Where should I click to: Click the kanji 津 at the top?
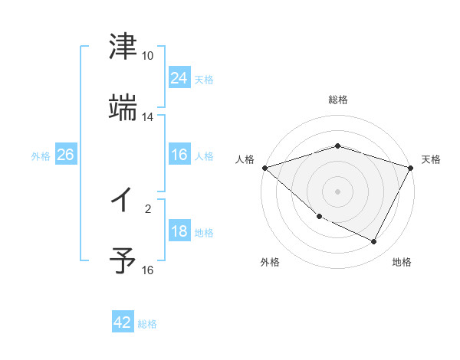point(123,47)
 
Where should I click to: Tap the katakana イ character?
point(123,200)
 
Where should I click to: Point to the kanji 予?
point(123,261)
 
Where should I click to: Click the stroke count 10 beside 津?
point(147,56)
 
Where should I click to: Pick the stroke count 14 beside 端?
point(147,117)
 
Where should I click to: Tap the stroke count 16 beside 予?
point(147,270)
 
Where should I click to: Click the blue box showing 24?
point(179,78)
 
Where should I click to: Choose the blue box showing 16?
point(179,155)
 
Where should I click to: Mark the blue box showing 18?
point(179,231)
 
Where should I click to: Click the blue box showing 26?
point(65,155)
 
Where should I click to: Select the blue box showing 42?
point(123,322)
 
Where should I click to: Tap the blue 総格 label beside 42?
point(147,324)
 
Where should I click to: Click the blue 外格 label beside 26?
point(41,156)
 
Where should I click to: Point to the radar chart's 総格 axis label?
point(337,100)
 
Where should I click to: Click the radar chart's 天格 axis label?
point(431,159)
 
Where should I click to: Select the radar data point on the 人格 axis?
point(264,168)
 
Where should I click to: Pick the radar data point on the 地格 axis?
point(374,242)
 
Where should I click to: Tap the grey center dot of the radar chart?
point(337,191)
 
